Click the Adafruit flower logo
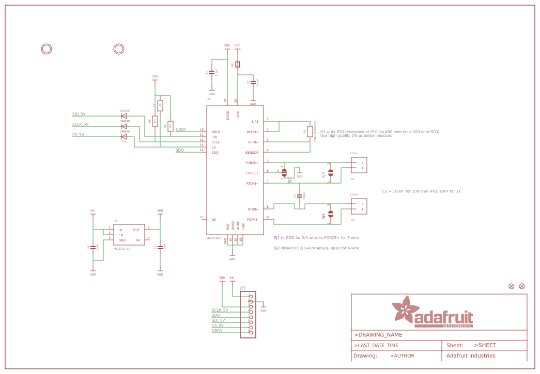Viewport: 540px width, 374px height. tap(404, 310)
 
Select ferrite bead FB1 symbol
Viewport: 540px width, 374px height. tap(238, 64)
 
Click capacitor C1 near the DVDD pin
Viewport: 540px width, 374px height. tap(211, 72)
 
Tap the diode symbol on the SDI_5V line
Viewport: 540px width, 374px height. tap(124, 116)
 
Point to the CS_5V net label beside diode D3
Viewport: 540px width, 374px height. tap(79, 135)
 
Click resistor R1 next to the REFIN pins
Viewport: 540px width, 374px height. tap(310, 132)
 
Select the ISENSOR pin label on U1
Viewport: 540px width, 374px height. tap(252, 153)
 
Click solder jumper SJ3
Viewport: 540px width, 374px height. tap(331, 173)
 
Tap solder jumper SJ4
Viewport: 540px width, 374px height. tap(331, 214)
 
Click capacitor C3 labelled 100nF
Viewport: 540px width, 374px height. tap(300, 196)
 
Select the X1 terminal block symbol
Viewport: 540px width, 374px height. tap(359, 165)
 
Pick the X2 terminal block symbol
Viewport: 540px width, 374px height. tap(359, 206)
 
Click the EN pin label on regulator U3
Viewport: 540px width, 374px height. tap(121, 235)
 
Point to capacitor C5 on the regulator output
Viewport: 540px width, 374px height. tap(160, 248)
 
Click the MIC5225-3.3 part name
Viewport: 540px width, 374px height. tap(122, 249)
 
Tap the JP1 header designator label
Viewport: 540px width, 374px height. tap(243, 288)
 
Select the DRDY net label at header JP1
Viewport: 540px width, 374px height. tap(217, 331)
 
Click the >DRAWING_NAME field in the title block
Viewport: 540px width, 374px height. tap(378, 335)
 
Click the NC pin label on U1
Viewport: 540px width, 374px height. tap(214, 220)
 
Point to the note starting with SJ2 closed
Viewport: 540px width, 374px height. tap(316, 248)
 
